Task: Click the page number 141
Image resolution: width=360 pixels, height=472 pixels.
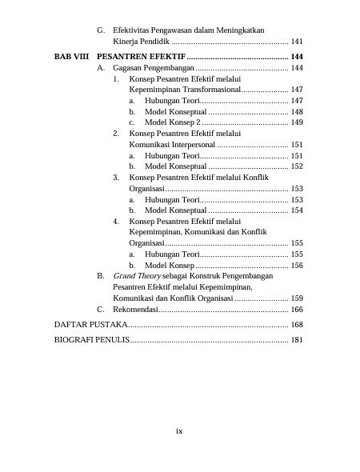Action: [x=297, y=41]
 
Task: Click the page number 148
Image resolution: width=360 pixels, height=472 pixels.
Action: [x=297, y=112]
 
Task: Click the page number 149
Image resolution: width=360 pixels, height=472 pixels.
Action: [x=297, y=122]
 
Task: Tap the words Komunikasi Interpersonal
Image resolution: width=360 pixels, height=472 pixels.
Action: [x=172, y=144]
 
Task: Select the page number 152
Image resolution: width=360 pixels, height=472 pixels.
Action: [x=297, y=166]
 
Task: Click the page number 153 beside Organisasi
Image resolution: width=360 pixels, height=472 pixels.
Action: [x=297, y=188]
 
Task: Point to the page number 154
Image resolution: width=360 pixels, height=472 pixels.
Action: [x=297, y=210]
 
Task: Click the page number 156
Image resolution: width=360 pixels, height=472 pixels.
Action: [x=297, y=265]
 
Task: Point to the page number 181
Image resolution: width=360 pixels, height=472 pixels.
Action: [x=297, y=340]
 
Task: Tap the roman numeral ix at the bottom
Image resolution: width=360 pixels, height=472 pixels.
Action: [x=180, y=430]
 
